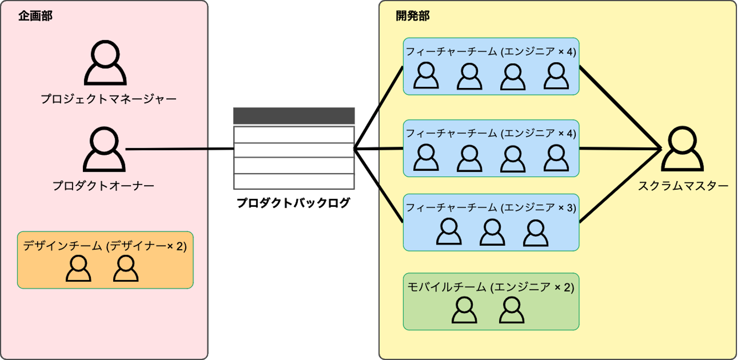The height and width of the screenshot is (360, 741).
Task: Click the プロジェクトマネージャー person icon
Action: pos(105,64)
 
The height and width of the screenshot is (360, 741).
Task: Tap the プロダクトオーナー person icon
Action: pos(105,150)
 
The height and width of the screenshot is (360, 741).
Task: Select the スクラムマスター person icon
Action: pos(683,150)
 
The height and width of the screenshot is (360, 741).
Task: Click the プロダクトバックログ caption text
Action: pos(293,203)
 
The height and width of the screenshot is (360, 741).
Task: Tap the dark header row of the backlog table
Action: pos(294,116)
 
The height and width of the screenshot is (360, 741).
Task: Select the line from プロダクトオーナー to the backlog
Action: pos(180,149)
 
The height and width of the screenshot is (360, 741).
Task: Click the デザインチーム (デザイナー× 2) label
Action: pos(105,246)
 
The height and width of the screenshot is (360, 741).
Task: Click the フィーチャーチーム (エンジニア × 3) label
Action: pos(490,207)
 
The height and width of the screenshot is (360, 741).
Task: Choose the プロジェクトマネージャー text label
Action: pos(109,98)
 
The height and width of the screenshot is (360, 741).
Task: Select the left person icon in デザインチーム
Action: pos(79,269)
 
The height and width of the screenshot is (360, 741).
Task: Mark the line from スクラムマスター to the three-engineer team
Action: pos(620,186)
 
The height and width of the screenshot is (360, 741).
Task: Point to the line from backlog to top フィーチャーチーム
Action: pos(378,108)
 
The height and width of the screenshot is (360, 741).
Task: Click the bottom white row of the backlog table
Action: pos(294,182)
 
